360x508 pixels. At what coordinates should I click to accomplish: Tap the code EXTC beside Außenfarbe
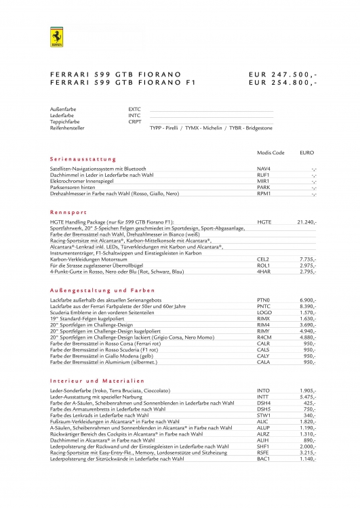tap(134, 108)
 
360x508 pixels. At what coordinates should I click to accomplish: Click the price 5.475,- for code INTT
tap(308, 397)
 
